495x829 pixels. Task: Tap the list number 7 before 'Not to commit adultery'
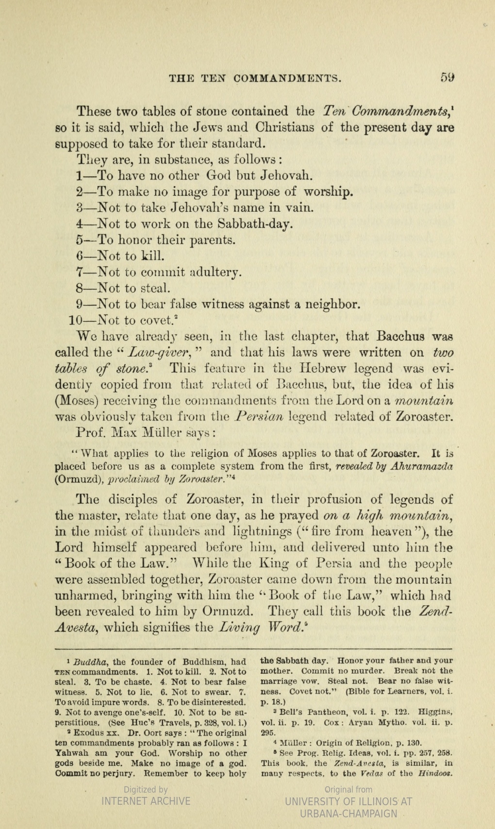80,272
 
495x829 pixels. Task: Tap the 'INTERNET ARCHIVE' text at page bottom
146,801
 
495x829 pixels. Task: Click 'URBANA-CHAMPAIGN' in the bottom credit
348,813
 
